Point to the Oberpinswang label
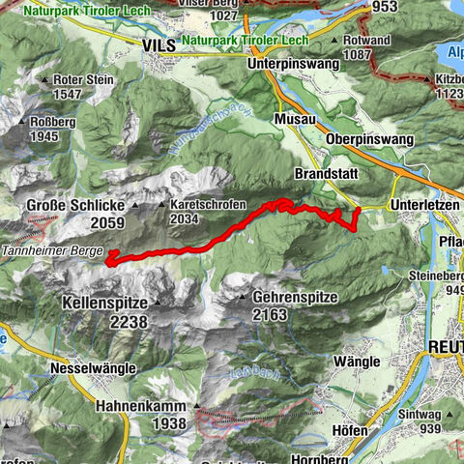[371, 139]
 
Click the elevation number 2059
[80, 223]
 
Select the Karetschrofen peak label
[207, 206]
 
